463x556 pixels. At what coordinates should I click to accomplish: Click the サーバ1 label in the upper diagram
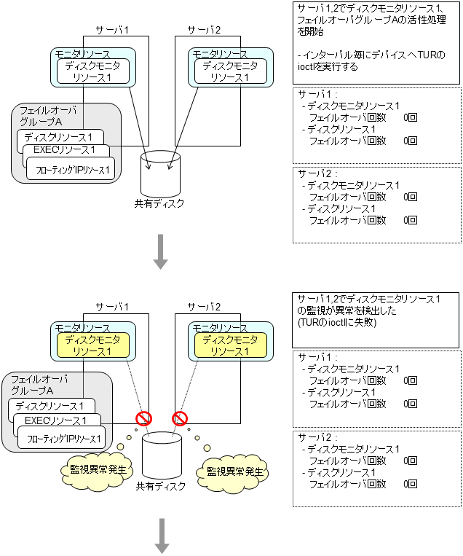(112, 30)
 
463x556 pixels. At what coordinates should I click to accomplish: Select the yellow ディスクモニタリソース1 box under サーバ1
(89, 345)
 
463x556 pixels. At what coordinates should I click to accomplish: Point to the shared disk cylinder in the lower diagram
(160, 455)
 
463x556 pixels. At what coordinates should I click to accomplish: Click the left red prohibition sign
(144, 419)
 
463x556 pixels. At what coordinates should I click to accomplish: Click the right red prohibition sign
(179, 419)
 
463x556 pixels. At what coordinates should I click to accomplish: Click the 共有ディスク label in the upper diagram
(159, 203)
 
